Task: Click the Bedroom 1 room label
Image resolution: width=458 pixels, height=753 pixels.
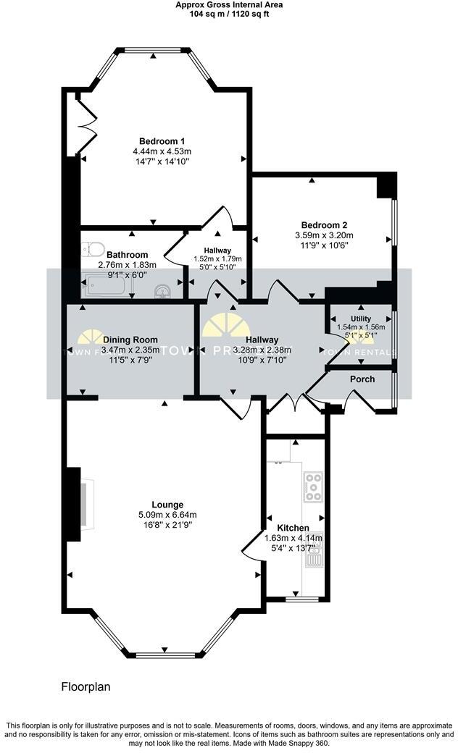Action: (162, 140)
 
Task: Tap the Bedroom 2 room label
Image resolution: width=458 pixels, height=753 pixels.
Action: (324, 224)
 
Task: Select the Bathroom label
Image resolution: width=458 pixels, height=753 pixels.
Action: (127, 255)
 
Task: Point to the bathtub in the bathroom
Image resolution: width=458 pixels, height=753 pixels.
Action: (107, 288)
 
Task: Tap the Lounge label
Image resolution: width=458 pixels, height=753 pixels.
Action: (167, 505)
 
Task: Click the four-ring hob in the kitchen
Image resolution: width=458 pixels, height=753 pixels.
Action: (314, 487)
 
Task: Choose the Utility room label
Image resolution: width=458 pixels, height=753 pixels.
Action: (361, 319)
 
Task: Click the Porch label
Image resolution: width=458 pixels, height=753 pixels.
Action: (362, 379)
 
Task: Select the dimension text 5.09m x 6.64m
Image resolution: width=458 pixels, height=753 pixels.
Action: (167, 515)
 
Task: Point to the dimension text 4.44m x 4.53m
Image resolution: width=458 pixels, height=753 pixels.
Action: (162, 151)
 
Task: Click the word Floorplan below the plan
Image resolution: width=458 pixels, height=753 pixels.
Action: (85, 686)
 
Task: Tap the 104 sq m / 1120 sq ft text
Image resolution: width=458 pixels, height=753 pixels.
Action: (229, 13)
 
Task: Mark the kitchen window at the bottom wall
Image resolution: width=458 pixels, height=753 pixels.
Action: (297, 600)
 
